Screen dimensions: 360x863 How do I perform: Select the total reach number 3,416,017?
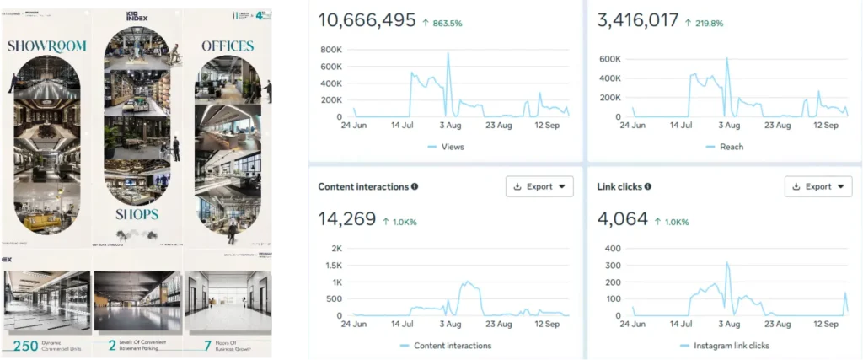(x=637, y=19)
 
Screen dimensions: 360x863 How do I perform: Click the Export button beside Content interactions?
(x=539, y=186)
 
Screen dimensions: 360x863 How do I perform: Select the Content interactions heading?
(x=363, y=186)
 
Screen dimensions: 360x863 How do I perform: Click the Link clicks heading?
(x=622, y=186)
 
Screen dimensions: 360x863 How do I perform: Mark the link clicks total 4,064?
(x=621, y=219)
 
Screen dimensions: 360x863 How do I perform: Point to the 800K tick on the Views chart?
(x=330, y=50)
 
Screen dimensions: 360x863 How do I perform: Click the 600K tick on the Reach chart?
(x=608, y=58)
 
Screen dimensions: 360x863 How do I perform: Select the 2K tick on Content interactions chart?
(x=336, y=249)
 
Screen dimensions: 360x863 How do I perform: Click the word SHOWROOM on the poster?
(x=43, y=46)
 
